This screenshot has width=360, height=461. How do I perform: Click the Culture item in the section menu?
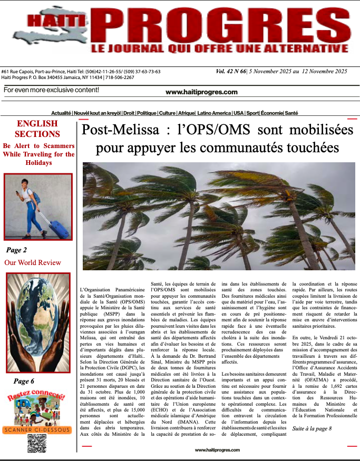pos(167,113)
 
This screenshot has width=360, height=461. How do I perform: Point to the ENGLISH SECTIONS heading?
pos(37,129)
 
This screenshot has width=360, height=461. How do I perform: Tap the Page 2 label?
pos(16,250)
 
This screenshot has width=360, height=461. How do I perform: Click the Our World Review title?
pos(33,262)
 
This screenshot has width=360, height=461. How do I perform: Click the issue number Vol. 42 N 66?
pos(234,71)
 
